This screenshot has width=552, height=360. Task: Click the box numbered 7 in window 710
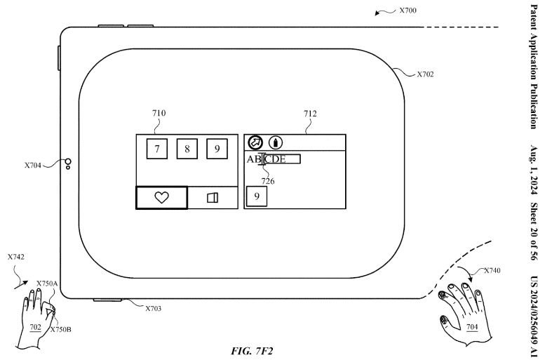tap(157, 149)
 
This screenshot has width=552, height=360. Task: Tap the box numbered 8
tap(187, 149)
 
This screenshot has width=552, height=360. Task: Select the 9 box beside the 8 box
tap(217, 149)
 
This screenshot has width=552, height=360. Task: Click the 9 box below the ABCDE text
tap(257, 197)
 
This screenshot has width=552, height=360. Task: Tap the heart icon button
tap(161, 198)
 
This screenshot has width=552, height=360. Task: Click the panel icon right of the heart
tap(212, 198)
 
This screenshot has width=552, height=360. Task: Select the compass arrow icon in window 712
tap(255, 142)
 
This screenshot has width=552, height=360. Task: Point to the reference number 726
tap(268, 181)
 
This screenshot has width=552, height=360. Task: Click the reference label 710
tap(159, 112)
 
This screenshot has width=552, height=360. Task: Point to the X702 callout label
tap(425, 74)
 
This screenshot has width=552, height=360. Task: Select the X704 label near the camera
tap(33, 166)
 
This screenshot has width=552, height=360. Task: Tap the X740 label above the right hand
tap(492, 269)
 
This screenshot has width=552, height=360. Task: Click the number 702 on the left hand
tap(35, 327)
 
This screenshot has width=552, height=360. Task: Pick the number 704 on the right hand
tap(473, 326)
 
